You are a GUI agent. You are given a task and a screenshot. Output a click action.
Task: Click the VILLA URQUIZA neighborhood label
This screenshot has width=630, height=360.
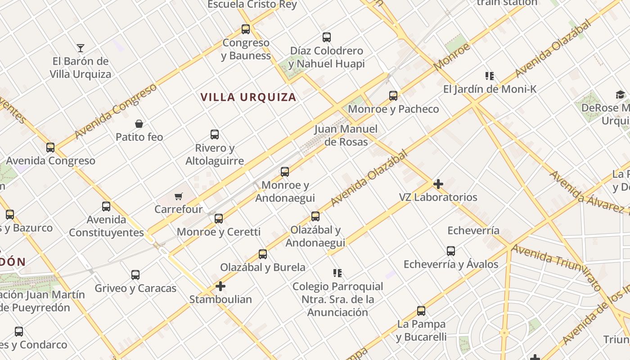(248, 97)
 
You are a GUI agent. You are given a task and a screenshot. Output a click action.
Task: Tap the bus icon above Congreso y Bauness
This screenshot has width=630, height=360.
(246, 29)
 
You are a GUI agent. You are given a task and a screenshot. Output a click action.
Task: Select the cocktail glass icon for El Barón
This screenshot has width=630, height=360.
(81, 48)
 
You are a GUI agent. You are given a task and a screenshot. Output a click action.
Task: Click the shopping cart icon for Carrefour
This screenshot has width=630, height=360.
(179, 196)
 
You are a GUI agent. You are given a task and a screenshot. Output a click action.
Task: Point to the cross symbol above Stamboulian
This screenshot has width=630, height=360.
(220, 286)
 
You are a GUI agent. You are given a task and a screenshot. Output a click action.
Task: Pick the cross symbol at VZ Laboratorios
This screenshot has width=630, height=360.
(438, 184)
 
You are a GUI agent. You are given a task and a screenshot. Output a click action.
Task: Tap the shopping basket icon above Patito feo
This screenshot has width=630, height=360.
(139, 124)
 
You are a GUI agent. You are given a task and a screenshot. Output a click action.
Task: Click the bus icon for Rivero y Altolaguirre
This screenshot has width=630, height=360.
(215, 134)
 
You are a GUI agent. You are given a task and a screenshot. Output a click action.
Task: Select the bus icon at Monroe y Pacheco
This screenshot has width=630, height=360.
(393, 95)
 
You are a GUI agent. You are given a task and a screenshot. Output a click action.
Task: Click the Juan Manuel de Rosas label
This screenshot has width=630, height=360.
(346, 135)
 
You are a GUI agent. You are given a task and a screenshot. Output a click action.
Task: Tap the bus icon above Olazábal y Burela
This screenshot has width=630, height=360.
(263, 254)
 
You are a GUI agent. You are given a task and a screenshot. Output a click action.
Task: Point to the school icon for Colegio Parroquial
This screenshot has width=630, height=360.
(337, 273)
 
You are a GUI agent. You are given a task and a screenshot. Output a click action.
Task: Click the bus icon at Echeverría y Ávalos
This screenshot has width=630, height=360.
(451, 251)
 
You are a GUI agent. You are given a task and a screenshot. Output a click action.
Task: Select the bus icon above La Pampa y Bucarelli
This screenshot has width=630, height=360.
(421, 311)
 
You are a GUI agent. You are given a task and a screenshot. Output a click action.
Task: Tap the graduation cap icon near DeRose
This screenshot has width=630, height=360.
(621, 94)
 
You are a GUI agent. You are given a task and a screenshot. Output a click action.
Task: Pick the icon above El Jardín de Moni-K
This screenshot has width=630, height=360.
(490, 76)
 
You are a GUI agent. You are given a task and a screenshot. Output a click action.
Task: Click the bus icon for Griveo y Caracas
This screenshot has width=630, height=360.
(135, 275)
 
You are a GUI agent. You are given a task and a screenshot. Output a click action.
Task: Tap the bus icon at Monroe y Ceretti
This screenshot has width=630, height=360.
(219, 219)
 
